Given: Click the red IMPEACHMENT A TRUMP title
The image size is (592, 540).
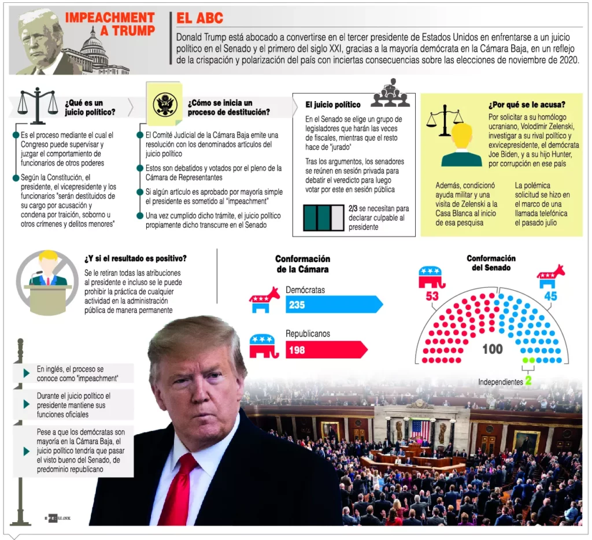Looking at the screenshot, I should click(x=109, y=24).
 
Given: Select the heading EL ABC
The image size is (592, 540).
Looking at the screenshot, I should click(x=199, y=19).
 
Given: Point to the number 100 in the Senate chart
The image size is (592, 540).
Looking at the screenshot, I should click(x=493, y=349).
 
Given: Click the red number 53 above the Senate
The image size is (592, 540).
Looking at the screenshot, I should click(x=431, y=296).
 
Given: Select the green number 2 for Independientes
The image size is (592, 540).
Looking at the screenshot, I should click(x=528, y=382).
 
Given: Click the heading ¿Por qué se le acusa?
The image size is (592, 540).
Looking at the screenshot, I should click(x=527, y=105).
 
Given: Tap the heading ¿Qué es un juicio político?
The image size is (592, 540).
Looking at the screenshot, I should click(x=90, y=107).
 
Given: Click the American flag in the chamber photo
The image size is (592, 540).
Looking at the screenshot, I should click(x=420, y=430).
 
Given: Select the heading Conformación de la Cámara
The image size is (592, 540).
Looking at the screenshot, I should click(x=302, y=264).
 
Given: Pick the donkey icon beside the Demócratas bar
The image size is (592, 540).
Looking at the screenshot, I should click(x=264, y=299).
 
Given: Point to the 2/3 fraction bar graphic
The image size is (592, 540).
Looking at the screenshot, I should click(x=323, y=217).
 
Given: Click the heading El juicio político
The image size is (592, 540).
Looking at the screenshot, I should click(x=332, y=105).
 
